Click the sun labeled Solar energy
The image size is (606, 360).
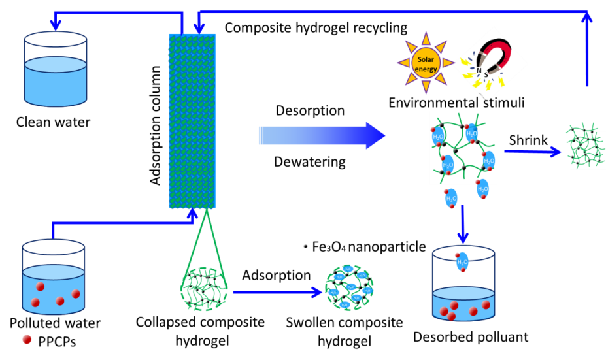click(425, 63)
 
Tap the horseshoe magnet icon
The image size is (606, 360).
click(490, 63)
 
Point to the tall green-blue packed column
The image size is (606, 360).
click(192, 121)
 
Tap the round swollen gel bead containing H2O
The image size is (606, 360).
click(349, 287)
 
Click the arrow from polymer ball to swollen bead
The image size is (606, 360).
click(277, 291)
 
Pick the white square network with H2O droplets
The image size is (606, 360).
click(462, 148)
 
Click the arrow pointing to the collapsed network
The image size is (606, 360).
click(533, 152)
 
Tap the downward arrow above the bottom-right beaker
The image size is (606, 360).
click(463, 226)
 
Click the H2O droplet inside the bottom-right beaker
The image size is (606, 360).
click(462, 261)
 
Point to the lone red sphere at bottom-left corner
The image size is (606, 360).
click(27, 339)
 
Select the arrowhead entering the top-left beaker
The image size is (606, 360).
click(56, 25)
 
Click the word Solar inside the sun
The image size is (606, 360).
click(425, 59)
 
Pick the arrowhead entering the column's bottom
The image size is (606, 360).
click(192, 214)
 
